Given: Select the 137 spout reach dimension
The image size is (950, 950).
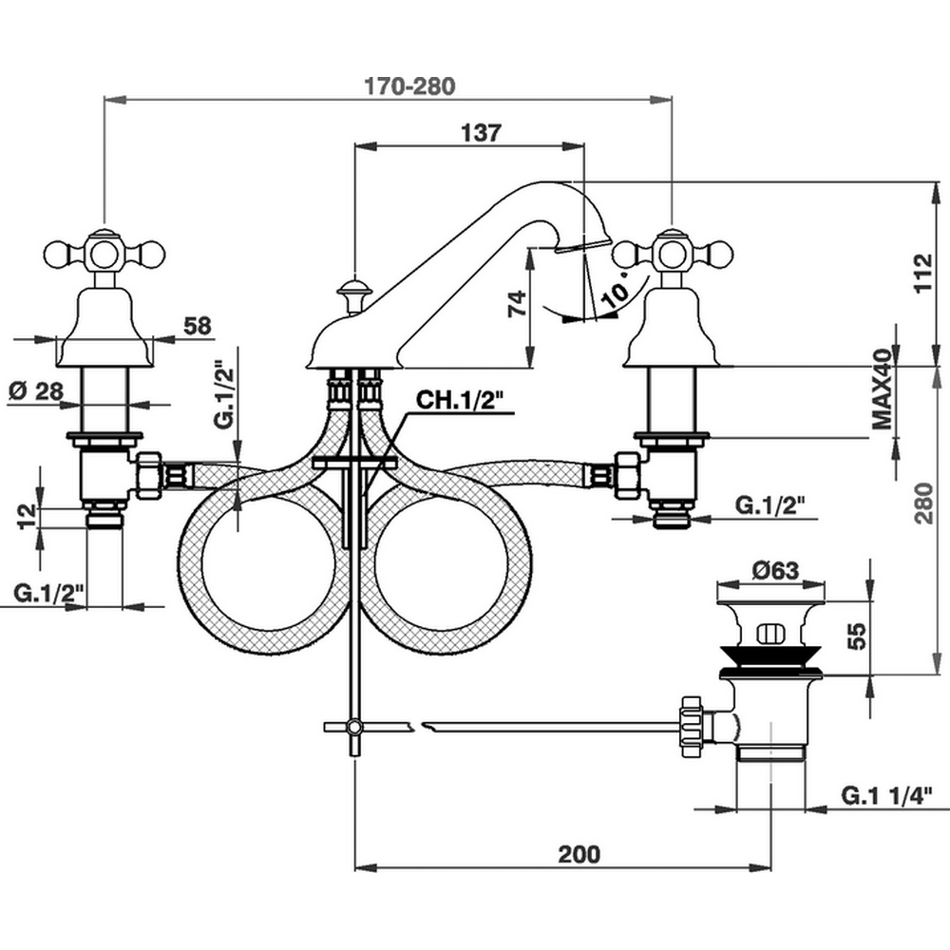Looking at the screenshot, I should (481, 133).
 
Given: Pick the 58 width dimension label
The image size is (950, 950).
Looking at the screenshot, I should (198, 326).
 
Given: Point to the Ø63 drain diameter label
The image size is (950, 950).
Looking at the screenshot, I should (774, 571).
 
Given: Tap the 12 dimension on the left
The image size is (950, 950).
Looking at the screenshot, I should (28, 515).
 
